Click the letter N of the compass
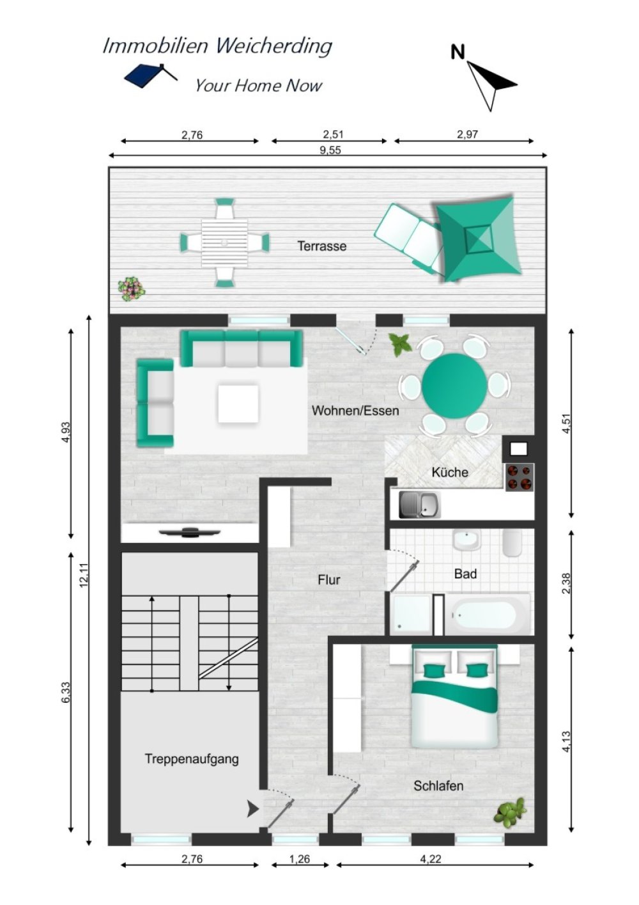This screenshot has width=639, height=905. [458, 52]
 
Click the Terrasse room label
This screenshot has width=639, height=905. [321, 246]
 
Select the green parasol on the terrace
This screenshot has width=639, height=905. [478, 238]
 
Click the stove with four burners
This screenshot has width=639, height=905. [520, 477]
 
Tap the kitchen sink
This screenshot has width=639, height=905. [419, 505]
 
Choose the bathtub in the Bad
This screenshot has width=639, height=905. [487, 615]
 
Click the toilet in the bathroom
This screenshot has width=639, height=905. [512, 543]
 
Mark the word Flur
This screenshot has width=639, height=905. [328, 580]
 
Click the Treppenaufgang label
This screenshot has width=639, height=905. [192, 759]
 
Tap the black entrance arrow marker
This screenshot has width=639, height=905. [252, 810]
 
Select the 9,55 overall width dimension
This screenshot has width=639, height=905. [330, 150]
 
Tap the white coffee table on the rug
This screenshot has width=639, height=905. [238, 404]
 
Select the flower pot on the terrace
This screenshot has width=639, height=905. [132, 289]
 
